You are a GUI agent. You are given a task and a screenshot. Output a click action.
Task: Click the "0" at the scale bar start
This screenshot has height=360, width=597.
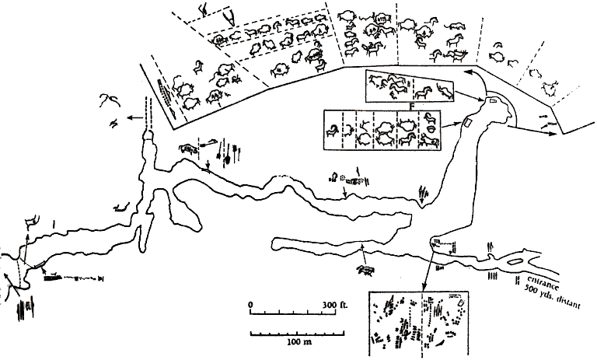click(251, 303)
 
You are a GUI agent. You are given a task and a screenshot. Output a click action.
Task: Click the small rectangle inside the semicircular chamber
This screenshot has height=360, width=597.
click(491, 105)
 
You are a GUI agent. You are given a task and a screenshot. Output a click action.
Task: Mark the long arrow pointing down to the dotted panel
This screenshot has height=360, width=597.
click(426, 268)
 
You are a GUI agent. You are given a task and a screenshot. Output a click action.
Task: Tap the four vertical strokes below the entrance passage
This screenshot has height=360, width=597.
click(493, 275)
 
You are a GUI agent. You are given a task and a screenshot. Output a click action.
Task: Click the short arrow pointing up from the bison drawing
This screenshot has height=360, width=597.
click(362, 250)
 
